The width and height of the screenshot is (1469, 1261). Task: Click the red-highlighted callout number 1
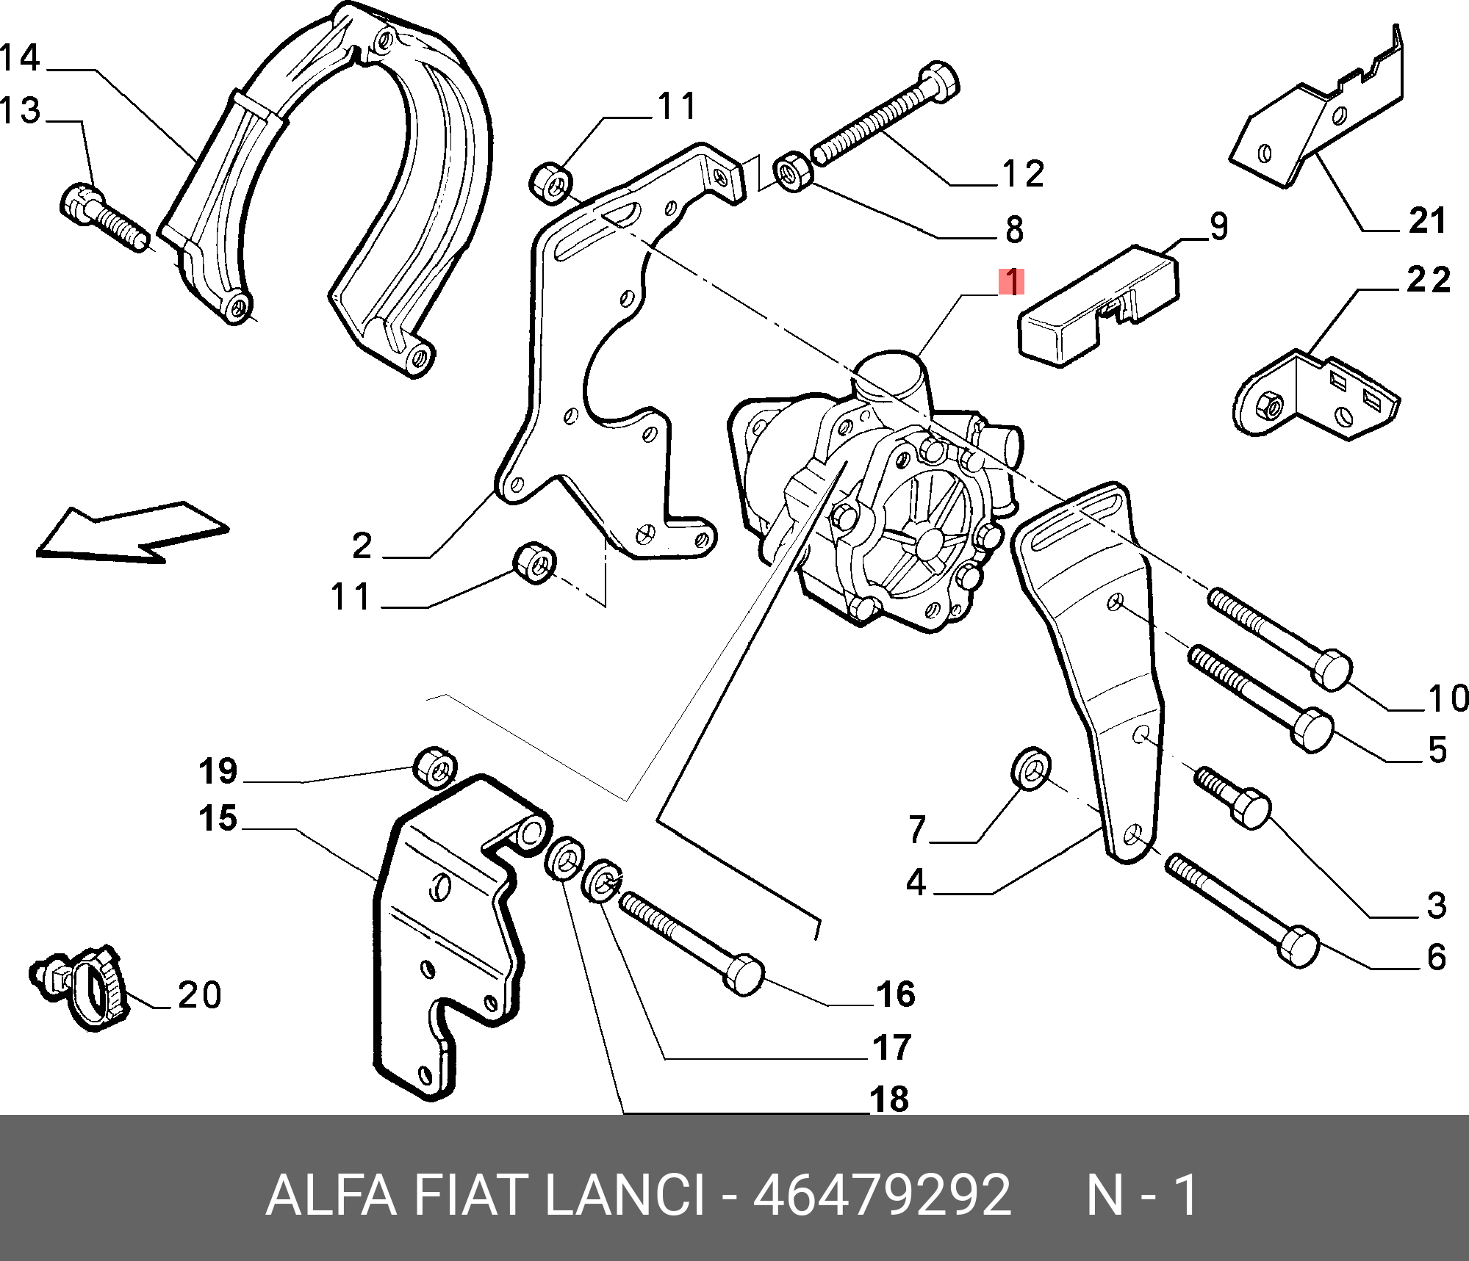[1011, 282]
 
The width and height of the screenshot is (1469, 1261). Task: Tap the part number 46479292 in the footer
[881, 1196]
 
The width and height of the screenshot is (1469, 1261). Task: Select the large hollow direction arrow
[132, 533]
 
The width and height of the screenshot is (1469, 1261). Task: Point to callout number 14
[20, 58]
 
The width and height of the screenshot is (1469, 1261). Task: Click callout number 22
[1429, 281]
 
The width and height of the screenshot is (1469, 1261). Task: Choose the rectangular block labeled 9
[1099, 306]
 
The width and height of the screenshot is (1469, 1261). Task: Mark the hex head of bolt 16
[744, 975]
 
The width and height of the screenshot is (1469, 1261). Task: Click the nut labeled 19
[435, 767]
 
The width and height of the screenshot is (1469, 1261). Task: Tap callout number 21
[1427, 221]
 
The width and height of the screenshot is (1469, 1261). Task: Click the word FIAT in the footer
[469, 1196]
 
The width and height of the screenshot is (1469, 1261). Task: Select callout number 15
[218, 818]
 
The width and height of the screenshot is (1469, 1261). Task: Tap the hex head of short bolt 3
[1251, 810]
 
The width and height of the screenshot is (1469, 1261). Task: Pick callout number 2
[362, 546]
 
